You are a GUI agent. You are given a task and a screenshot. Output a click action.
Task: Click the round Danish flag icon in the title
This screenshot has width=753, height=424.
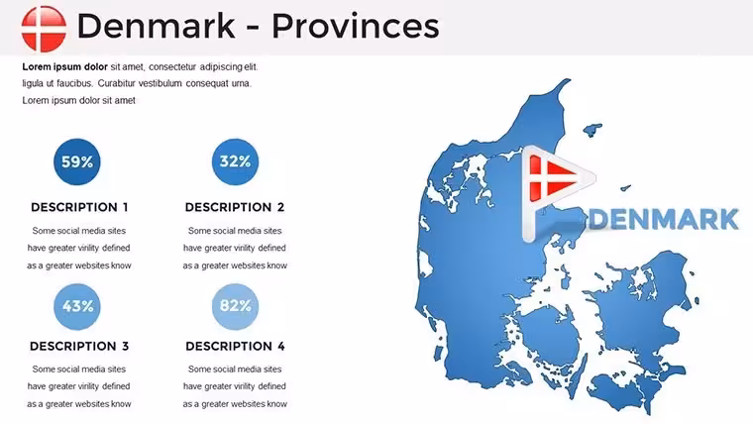click(44, 29)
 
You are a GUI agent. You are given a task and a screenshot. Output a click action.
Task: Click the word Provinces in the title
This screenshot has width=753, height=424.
click(356, 26)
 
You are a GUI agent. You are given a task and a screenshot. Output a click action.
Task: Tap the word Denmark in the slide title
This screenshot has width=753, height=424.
click(157, 26)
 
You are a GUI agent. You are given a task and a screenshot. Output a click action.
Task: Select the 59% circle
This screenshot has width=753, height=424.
click(77, 161)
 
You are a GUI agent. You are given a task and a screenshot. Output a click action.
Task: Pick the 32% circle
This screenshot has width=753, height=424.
click(235, 161)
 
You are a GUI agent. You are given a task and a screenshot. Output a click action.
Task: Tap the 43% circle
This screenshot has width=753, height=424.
click(77, 306)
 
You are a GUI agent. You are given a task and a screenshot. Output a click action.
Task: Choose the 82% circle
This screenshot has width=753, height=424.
click(235, 306)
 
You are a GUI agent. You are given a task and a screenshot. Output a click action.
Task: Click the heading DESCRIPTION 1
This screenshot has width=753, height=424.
click(79, 207)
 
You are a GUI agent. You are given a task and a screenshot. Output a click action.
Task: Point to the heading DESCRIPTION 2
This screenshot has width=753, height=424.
click(235, 207)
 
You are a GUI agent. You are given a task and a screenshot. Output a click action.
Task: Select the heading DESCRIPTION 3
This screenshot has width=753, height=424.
click(79, 346)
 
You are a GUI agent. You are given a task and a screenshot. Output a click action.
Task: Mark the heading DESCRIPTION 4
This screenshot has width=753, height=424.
click(236, 346)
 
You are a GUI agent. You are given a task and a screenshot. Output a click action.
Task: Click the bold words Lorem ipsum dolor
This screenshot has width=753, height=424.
click(64, 66)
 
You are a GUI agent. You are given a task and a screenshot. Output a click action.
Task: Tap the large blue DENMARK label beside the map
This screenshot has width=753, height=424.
click(664, 219)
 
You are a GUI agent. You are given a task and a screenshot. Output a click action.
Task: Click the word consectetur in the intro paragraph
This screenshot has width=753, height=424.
click(172, 66)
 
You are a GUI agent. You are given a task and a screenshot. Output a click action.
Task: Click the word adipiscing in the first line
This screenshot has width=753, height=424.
click(221, 67)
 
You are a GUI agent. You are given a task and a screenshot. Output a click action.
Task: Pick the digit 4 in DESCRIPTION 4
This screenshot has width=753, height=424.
click(281, 346)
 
